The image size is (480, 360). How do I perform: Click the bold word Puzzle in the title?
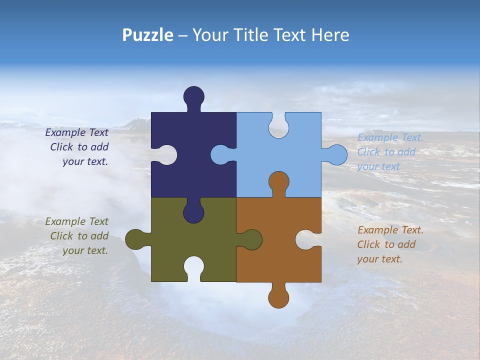148,35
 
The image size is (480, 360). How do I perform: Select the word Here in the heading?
330,35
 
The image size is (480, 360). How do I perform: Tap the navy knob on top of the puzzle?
193,96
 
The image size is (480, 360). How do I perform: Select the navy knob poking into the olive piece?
193,212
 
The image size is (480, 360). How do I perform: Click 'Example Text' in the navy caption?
76,132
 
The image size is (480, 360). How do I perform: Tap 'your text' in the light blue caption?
378,166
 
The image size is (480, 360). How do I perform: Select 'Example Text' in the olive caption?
76,221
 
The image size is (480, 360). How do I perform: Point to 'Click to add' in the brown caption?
386,244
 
